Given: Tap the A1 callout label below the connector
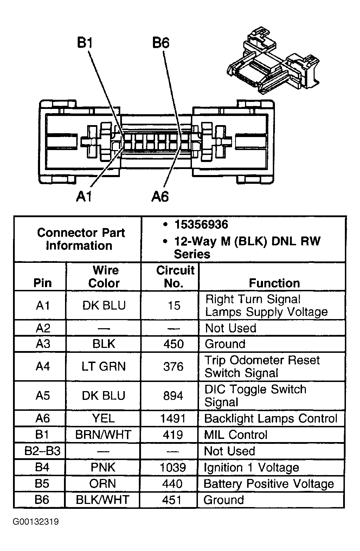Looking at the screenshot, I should coord(84,196).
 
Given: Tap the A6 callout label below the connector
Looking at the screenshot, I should coord(160,196).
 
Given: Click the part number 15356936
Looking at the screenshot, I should coord(201,224).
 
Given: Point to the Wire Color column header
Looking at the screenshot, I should coord(104,277).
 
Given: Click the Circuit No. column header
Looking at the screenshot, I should coord(175,277).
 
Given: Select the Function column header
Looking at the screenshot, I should coord(274,283).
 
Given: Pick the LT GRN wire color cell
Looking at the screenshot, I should coord(103,367).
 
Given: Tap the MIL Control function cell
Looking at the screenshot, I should coord(236,435).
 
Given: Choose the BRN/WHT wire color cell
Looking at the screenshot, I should coord(103,435).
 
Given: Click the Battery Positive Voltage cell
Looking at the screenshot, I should coord(269,484).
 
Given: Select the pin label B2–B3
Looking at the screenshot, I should coord(42,451).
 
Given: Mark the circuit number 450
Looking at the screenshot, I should coord(173,344).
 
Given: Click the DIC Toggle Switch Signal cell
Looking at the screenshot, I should coord(255,395).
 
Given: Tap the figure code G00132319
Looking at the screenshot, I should coord(36,521).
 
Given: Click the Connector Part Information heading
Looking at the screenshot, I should coord(81,239).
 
